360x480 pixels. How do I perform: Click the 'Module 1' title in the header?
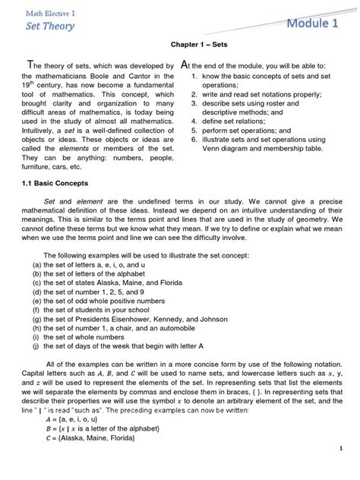coord(312,24)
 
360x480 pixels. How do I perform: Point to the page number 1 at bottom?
coord(343,469)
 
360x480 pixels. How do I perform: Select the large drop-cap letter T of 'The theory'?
coord(30,65)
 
